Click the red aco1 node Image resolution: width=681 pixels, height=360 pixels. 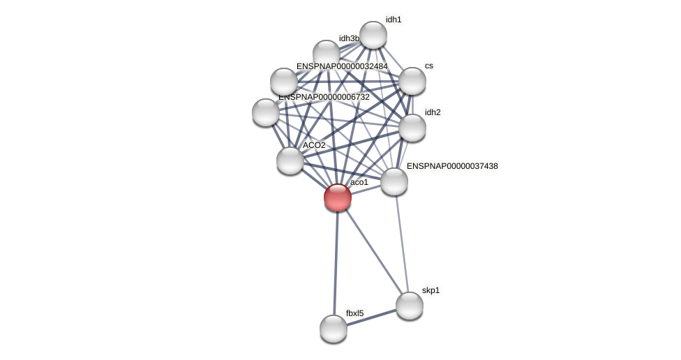(x=338, y=197)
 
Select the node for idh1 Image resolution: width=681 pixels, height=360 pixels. (x=373, y=35)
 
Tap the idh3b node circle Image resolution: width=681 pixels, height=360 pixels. (x=327, y=54)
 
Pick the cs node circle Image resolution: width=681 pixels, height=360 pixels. (x=412, y=81)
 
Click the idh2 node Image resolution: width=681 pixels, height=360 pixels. (x=412, y=128)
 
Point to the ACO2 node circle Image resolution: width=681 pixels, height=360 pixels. (x=290, y=160)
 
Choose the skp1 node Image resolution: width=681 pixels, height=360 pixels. (x=410, y=306)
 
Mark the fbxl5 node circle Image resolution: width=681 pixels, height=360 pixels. (x=334, y=329)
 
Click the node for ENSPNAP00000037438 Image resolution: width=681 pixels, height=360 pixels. (x=394, y=181)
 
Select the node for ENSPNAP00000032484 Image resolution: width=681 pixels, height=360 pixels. (x=284, y=82)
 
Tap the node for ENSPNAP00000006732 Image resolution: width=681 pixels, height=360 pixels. (x=266, y=112)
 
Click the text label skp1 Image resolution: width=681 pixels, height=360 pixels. (x=431, y=290)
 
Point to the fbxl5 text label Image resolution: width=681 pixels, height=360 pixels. (x=354, y=313)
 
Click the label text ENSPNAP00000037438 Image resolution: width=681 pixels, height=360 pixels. (x=452, y=166)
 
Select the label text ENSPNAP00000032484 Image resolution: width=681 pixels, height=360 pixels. (x=342, y=66)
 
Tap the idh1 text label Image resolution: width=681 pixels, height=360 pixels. (x=394, y=20)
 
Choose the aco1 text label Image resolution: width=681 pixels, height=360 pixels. (x=359, y=182)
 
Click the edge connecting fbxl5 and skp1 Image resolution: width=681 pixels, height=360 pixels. (x=371, y=317)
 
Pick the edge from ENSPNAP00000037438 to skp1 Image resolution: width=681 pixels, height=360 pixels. (x=402, y=243)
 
